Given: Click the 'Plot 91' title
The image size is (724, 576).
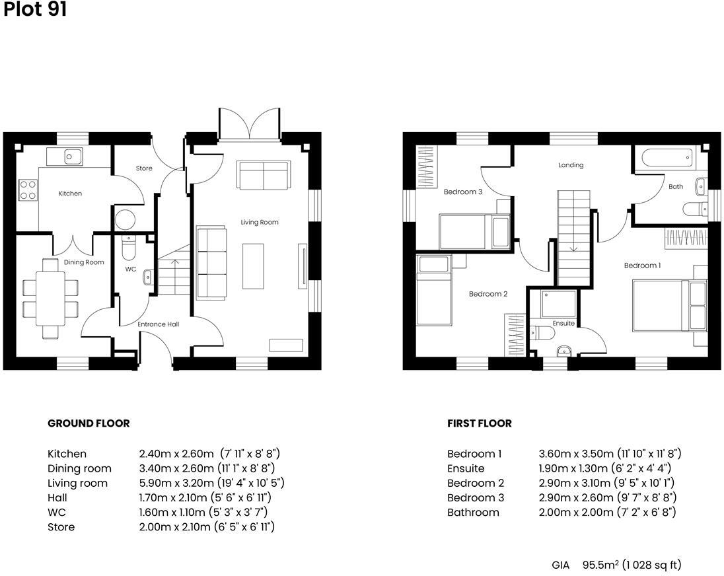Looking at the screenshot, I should (35, 10).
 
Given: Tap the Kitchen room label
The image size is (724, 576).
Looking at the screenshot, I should (70, 194).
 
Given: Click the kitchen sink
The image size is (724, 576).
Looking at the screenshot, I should (65, 157).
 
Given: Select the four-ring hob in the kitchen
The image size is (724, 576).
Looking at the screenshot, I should (28, 190).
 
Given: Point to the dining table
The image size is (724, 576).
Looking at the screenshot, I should (50, 299).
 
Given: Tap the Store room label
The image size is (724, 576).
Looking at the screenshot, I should (144, 168).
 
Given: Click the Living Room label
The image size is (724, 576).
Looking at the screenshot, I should (260, 223).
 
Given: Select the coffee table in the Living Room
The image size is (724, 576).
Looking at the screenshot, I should (253, 266).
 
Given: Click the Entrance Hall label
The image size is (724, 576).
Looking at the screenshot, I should (158, 324).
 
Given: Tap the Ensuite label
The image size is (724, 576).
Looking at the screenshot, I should (563, 323).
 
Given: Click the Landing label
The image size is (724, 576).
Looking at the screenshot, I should (571, 165).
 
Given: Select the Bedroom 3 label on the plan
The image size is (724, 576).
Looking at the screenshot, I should (463, 192).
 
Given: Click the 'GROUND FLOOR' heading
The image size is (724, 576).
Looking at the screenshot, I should (89, 423).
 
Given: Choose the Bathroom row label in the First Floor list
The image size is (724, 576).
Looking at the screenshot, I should (473, 512).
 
